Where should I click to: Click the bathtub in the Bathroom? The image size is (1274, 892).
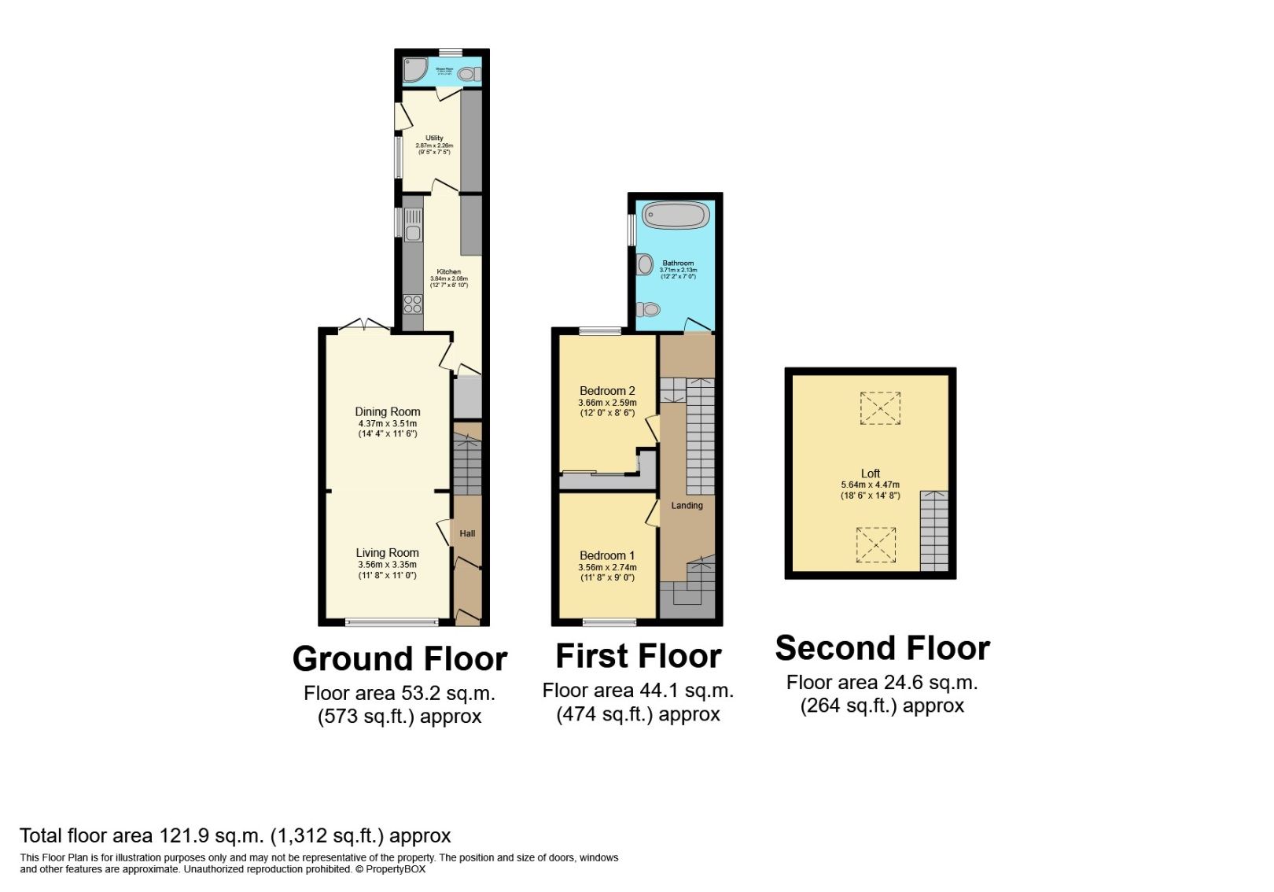pos(675,215)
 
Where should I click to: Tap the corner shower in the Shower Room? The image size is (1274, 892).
pos(413,71)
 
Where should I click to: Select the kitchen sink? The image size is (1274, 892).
pos(413,222)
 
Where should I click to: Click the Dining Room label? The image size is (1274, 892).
pos(388,411)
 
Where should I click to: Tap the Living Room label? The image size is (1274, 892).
pos(387,553)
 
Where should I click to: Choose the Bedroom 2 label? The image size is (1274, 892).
pos(607,391)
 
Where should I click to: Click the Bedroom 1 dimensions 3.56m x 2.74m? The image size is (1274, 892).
pos(607,567)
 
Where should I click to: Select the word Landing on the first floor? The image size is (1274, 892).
pos(687,506)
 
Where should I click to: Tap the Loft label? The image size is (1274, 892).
pos(870,474)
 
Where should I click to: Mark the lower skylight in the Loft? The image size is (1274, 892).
pos(875,544)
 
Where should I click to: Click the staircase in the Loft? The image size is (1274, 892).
pos(933,531)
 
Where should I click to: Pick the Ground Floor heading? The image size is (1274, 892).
pos(400,659)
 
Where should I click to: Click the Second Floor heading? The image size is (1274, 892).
pos(882,648)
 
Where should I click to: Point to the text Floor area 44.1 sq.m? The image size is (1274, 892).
pos(638,691)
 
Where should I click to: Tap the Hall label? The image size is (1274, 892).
pos(467,533)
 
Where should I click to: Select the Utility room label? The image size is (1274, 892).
pos(434,138)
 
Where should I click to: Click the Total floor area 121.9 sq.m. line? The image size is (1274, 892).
pos(235,835)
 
